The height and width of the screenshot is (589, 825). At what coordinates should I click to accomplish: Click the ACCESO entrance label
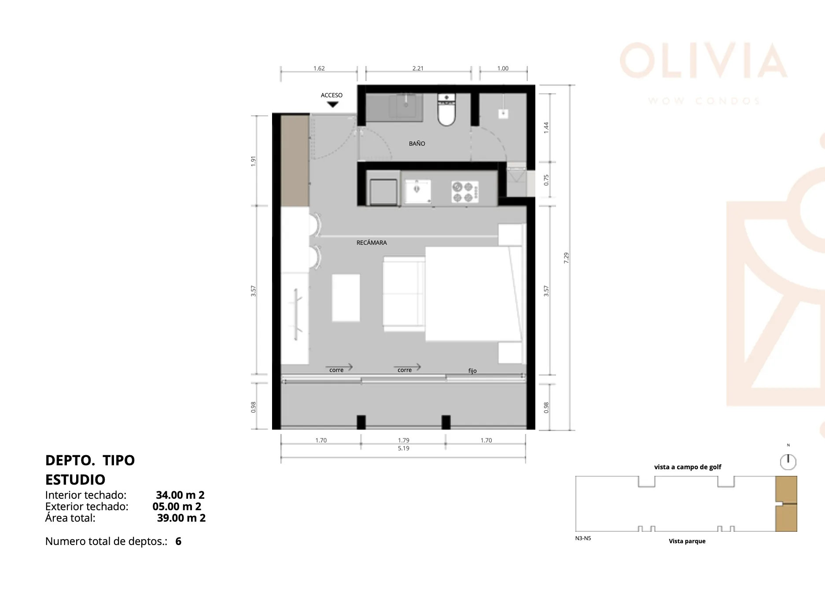coord(331,95)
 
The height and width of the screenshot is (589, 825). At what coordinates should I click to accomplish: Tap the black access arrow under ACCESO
coord(333,105)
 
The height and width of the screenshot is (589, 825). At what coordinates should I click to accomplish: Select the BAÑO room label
coord(417,144)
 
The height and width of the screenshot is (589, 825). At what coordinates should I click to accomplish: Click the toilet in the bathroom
coord(446,110)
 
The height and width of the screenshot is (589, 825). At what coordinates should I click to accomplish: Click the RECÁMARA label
coord(372,243)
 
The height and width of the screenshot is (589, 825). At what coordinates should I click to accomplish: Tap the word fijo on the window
coord(472,371)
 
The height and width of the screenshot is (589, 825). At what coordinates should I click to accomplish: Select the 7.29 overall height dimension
coord(566,258)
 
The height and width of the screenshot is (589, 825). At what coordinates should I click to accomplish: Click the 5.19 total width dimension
coord(404,448)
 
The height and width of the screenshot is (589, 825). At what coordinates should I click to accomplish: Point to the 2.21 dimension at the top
coord(418,68)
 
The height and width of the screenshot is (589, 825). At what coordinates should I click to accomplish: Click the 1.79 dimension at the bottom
coord(404,440)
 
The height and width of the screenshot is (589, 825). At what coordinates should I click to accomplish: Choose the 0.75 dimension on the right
coord(546,180)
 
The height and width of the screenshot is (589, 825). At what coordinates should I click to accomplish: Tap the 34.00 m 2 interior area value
coord(180,495)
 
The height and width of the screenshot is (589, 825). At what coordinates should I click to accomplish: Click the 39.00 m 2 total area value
coord(181,518)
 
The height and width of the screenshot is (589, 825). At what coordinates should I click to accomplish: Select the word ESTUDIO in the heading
coord(75,479)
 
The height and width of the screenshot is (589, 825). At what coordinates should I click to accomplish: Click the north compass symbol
coord(788,462)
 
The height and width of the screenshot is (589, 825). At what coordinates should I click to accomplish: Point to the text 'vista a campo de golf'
coord(688,467)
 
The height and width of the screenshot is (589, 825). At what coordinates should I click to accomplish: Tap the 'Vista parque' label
coord(687,541)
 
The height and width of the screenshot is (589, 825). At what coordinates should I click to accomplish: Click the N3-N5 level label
coord(583,538)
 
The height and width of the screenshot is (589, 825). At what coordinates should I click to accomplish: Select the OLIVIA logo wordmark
coord(703,60)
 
